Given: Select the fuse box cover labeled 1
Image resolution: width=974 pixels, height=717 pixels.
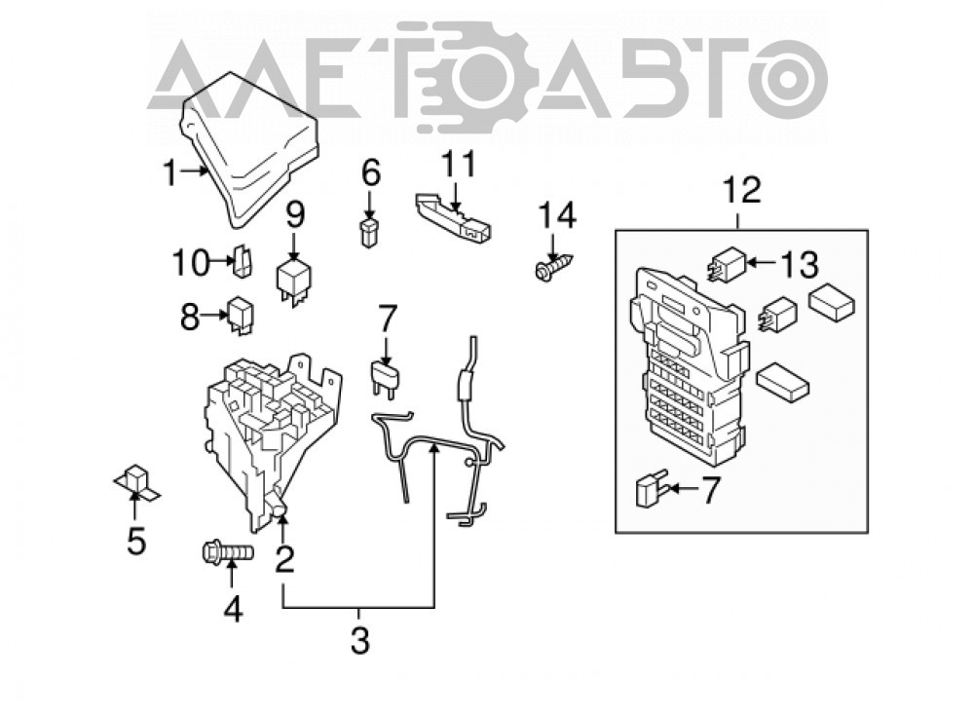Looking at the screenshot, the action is (x=249, y=149).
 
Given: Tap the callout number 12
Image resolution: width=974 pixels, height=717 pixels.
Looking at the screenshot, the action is (x=742, y=190).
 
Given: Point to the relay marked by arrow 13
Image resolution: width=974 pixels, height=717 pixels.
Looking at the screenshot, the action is (x=726, y=265).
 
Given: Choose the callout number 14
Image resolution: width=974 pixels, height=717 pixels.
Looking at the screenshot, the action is (x=557, y=215).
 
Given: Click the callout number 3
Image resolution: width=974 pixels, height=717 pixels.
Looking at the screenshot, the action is (x=360, y=640).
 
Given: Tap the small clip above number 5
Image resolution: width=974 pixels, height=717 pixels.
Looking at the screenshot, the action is (x=136, y=480).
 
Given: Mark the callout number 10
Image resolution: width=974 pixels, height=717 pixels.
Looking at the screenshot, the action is (x=191, y=263).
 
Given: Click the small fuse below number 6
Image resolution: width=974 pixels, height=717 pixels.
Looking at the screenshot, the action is (x=369, y=232).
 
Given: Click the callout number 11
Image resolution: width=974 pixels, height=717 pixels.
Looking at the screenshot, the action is (x=459, y=164).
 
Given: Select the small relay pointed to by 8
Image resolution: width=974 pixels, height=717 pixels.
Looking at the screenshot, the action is (x=240, y=316).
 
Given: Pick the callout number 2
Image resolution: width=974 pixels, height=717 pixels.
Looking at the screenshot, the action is (x=284, y=558).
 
